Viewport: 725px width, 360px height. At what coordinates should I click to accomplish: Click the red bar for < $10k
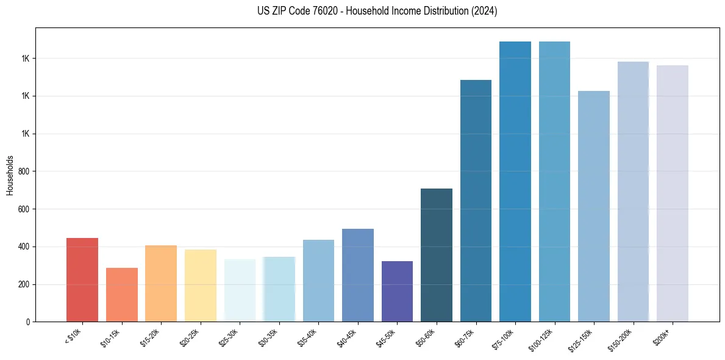[x=82, y=279]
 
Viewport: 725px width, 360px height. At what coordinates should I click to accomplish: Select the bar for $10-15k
[x=122, y=295]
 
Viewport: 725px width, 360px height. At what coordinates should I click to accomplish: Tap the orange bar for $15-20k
[x=161, y=284]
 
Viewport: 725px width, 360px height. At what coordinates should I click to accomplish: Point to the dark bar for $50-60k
[x=437, y=255]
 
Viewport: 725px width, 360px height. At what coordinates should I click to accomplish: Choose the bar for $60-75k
[x=476, y=201]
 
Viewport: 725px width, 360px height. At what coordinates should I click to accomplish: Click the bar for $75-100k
[x=515, y=182]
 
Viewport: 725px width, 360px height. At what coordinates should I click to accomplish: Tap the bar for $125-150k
[x=594, y=206]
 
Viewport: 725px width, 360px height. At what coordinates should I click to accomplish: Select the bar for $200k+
[x=673, y=193]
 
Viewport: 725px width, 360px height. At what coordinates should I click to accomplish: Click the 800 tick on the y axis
[x=24, y=171]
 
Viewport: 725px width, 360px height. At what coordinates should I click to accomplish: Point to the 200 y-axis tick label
[x=24, y=284]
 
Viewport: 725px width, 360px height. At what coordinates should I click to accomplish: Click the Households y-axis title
[x=10, y=175]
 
